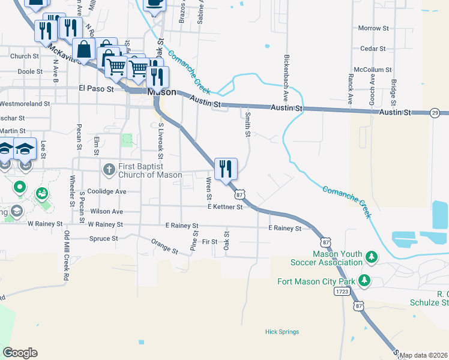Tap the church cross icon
tap(109, 169)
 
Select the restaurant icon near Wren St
tap(226, 169)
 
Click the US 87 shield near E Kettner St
tap(240, 194)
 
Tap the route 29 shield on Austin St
tap(435, 113)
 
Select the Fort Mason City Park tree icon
tap(364, 280)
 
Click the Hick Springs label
tap(282, 332)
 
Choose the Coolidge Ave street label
tap(107, 191)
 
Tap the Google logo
tap(20, 353)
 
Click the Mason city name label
tap(162, 92)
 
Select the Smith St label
tap(247, 125)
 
